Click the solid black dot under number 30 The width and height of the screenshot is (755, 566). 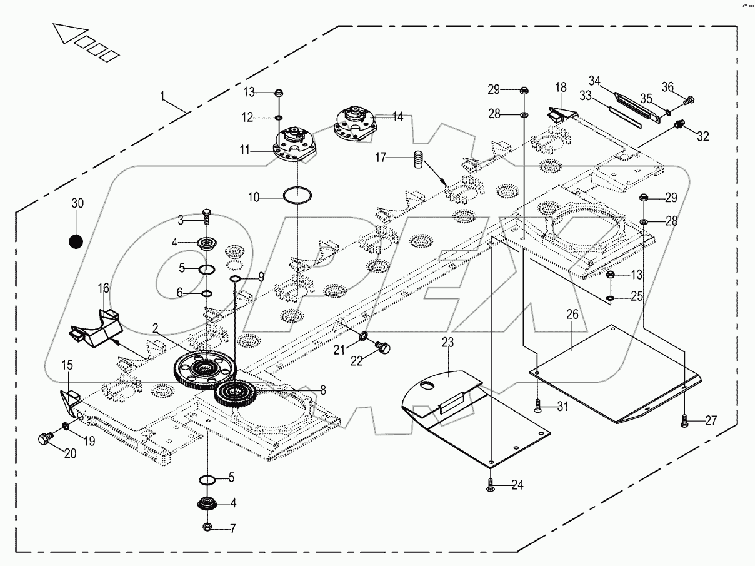tap(76, 241)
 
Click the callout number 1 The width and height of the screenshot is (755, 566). tap(163, 96)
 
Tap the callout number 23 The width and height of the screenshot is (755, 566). tap(447, 342)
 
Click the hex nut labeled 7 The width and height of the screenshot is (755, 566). tap(207, 527)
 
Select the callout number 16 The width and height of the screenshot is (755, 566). tap(103, 288)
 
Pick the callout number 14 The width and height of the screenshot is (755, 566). tap(397, 116)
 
